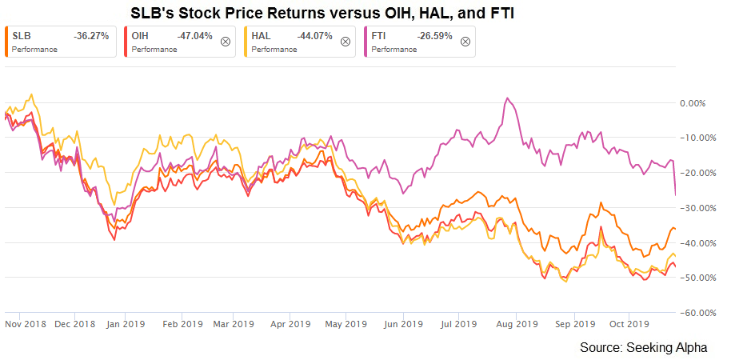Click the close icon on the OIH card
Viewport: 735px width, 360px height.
225,42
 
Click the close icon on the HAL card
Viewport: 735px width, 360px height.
345,42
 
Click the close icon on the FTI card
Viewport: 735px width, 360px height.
465,42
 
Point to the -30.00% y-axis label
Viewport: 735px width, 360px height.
693,208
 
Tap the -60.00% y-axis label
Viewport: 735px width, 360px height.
693,313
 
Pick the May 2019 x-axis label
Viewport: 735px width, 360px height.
343,324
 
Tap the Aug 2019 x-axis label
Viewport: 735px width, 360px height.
516,324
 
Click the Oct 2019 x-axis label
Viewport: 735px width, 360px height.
628,324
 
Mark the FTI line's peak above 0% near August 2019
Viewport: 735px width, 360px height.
506,98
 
